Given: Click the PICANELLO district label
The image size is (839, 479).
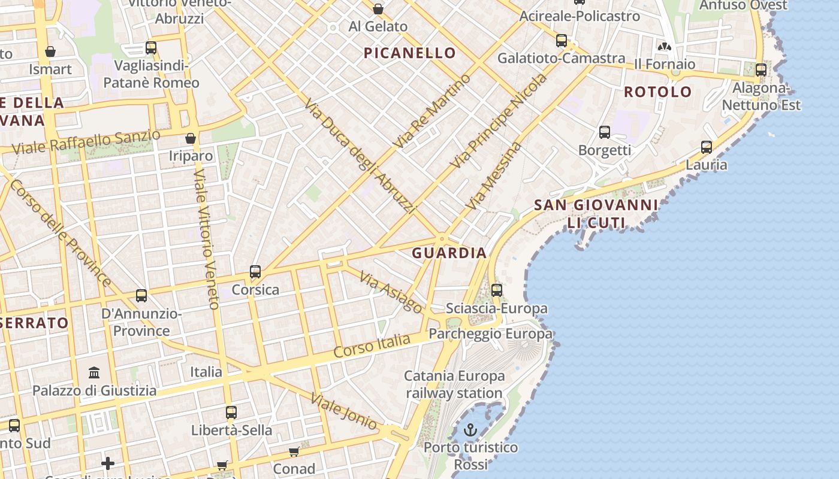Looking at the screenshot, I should pos(410,53).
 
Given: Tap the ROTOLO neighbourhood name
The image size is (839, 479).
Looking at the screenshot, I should pos(658,92).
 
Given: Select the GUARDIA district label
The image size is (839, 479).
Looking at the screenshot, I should pos(449,253).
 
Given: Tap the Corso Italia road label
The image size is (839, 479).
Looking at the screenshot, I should pos(372,347).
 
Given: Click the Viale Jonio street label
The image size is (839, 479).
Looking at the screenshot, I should pos(345,411).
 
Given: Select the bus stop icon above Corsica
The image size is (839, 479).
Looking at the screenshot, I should pos(255,272).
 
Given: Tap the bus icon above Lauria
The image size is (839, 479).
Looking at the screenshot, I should pos(707,147).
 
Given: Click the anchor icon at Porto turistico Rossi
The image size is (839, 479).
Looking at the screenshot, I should pos(470,430).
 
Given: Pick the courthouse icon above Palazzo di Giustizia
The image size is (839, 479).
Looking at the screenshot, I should pos(94,373).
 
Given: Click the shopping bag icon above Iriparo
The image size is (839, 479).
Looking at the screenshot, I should pos(191,138).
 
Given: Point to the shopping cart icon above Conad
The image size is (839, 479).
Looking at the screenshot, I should pos(294,451).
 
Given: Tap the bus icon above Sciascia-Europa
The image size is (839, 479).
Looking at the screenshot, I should pos(497,290).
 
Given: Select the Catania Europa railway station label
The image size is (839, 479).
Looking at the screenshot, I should pos(454,385).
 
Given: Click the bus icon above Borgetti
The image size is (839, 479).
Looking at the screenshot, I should pos(605,132).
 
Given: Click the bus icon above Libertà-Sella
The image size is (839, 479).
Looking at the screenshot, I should pos(231,413).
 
